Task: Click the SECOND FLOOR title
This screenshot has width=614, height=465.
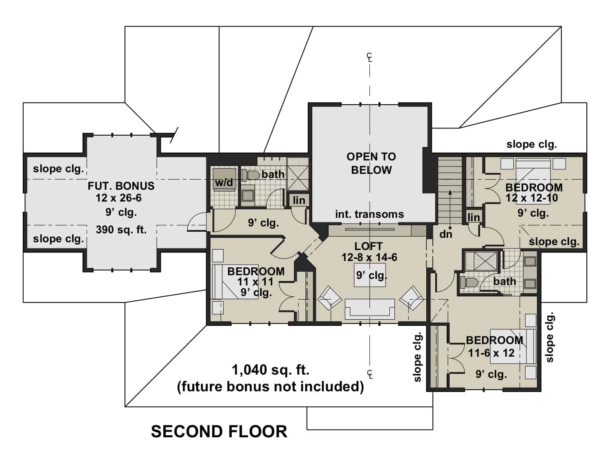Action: (x=219, y=432)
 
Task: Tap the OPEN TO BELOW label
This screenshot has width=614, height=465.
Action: (x=371, y=163)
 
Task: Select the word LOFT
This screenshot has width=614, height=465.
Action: (x=368, y=246)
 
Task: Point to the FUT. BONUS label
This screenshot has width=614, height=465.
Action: (x=121, y=186)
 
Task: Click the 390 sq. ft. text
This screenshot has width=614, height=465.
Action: (x=121, y=230)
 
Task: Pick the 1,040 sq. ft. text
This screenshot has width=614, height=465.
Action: (x=270, y=370)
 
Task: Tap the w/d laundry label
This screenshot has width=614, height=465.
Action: (x=224, y=182)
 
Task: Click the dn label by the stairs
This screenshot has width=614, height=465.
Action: (x=445, y=234)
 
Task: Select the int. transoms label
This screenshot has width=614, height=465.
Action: (x=369, y=214)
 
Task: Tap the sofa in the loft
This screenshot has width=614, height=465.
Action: (x=370, y=309)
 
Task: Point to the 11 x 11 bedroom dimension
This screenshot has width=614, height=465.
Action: (x=255, y=282)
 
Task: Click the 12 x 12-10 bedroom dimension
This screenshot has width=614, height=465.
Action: (x=532, y=198)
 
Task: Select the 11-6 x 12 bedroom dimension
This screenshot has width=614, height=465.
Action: (x=491, y=353)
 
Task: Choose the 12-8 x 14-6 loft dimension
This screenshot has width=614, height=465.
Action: (x=369, y=257)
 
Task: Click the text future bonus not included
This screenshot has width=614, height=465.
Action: (x=270, y=386)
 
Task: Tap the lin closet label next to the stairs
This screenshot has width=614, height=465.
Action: (x=474, y=217)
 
